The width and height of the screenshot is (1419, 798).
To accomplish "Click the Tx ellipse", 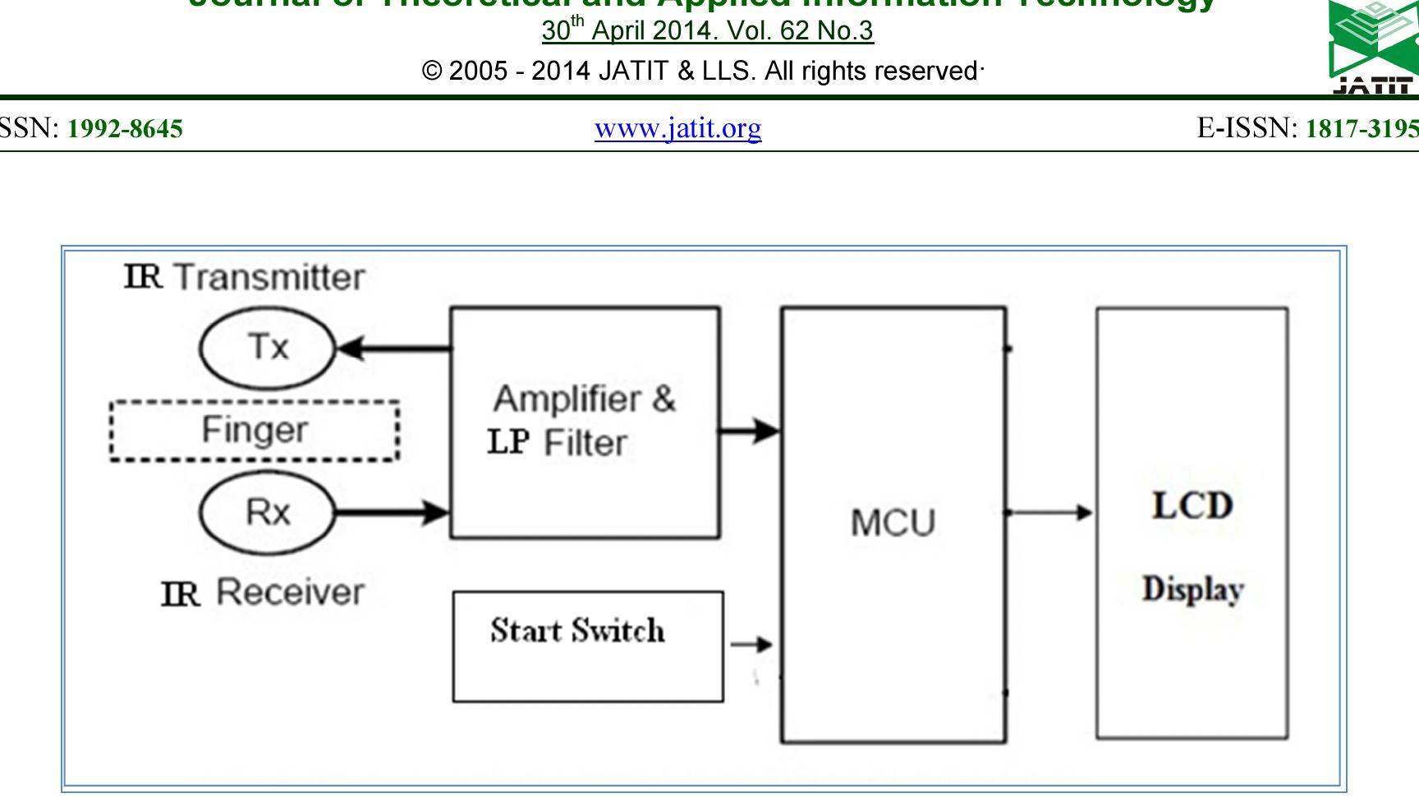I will [x=268, y=348].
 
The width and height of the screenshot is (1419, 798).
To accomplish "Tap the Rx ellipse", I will [x=268, y=513].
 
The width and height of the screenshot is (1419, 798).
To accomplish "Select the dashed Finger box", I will [x=254, y=431].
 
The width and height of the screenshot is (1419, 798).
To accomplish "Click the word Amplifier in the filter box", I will [x=567, y=399].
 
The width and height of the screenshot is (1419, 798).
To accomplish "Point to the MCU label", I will [x=893, y=523].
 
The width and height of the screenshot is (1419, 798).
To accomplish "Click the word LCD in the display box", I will [x=1192, y=505].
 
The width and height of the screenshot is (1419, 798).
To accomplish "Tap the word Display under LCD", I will [x=1192, y=589].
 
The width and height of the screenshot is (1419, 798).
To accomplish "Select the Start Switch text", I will [x=577, y=630].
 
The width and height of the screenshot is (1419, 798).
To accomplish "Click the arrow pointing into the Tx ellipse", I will [x=394, y=349].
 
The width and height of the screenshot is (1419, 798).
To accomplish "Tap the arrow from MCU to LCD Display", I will [x=1049, y=513].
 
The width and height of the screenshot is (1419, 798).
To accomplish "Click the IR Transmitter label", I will [x=244, y=277].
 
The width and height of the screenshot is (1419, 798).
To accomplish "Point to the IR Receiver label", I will [x=263, y=593].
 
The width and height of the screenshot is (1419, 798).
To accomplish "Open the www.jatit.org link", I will [x=677, y=128].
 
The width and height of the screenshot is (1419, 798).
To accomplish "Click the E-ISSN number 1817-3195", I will [x=1362, y=129].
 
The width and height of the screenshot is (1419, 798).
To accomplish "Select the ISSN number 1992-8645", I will [x=125, y=129].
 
